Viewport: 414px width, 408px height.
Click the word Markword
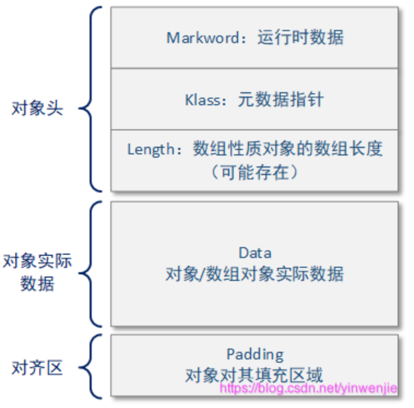tap(203, 38)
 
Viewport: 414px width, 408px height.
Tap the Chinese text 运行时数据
tap(301, 37)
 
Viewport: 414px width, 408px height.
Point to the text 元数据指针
tap(281, 99)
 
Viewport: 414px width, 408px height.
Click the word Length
tap(151, 149)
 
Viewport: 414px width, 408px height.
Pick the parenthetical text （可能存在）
tap(255, 172)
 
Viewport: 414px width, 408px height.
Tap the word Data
tap(255, 253)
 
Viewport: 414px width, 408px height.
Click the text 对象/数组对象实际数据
tap(255, 274)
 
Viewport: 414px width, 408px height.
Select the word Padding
tap(255, 355)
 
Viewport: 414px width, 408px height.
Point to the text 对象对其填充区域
tap(254, 375)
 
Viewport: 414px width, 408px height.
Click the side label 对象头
tap(37, 108)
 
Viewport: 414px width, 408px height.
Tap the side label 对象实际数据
tap(37, 272)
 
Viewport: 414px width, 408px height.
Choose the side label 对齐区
tap(37, 368)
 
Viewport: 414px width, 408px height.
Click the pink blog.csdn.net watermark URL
tap(308, 388)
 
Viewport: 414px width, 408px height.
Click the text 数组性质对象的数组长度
tap(287, 148)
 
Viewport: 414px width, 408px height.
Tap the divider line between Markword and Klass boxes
tap(255, 68)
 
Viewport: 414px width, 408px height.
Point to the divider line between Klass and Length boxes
tap(255, 129)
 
